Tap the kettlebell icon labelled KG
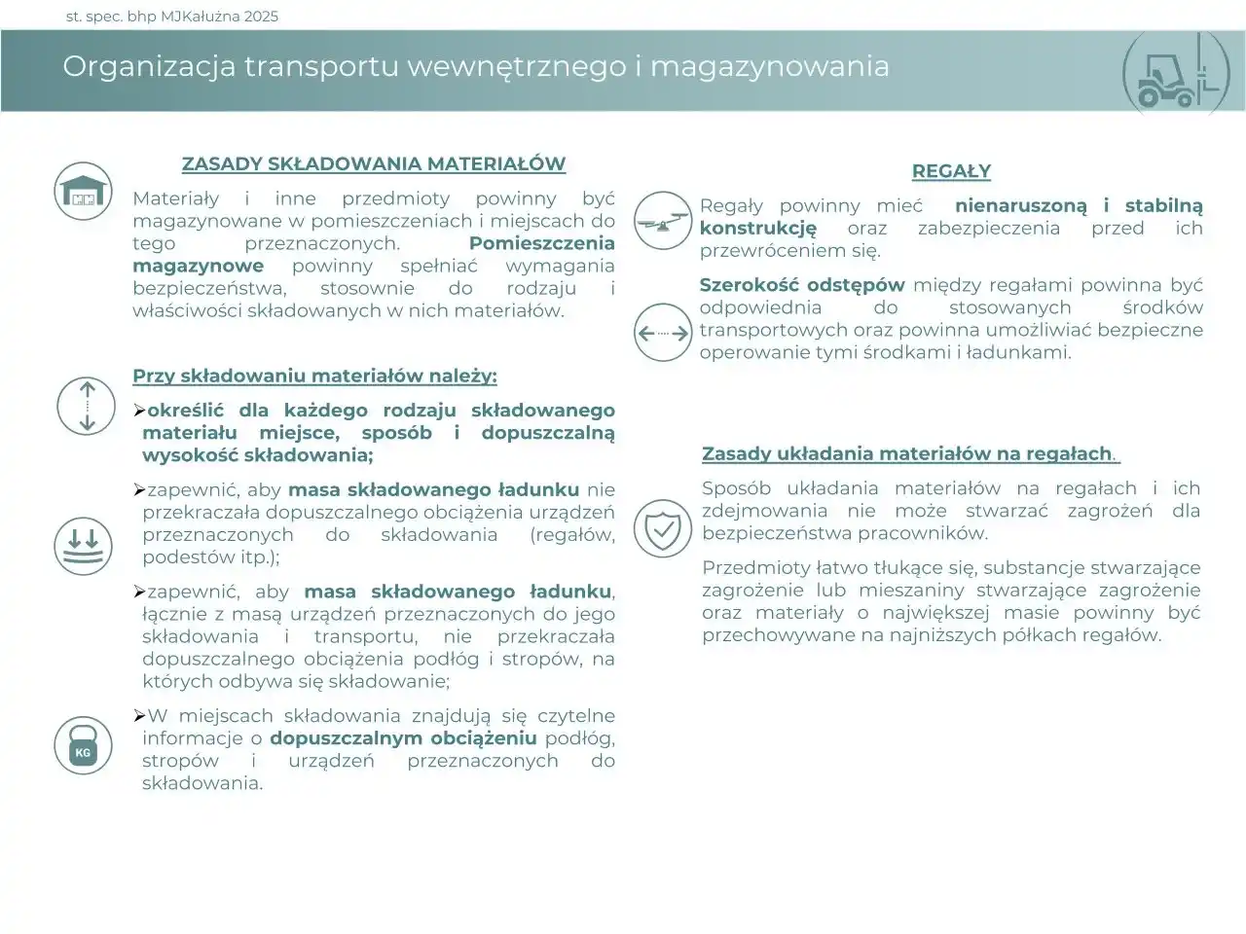(83, 745)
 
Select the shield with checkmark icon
(662, 528)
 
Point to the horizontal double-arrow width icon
(662, 333)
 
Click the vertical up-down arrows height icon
(87, 404)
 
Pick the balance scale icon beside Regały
(662, 220)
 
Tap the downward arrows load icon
(83, 545)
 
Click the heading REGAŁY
(951, 171)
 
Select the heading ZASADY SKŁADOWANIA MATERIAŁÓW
(374, 163)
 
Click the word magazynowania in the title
(769, 66)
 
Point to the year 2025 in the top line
(261, 16)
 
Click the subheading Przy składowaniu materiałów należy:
(314, 376)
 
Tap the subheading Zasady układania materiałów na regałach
(907, 453)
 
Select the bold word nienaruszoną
(1020, 205)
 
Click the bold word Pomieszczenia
(541, 243)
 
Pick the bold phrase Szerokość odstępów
(802, 285)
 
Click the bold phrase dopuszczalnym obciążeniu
(403, 737)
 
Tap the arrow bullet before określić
(139, 411)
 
